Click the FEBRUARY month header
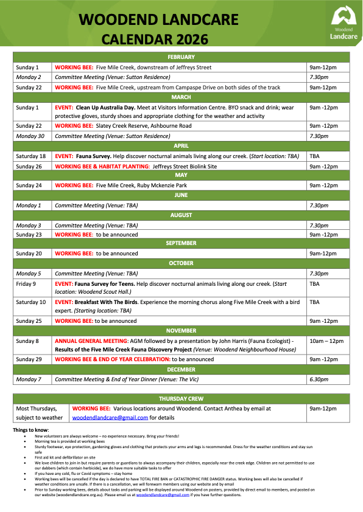click(x=181, y=57)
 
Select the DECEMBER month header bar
click(x=181, y=369)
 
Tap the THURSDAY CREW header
click(x=181, y=399)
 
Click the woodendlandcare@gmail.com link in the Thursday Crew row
click(x=110, y=418)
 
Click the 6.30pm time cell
click(x=319, y=379)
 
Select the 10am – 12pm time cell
click(x=327, y=341)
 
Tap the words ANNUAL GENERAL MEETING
click(x=91, y=341)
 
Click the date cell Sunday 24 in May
click(x=29, y=185)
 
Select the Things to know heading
click(x=30, y=430)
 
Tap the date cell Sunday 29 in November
click(x=29, y=359)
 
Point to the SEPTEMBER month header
click(x=181, y=243)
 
